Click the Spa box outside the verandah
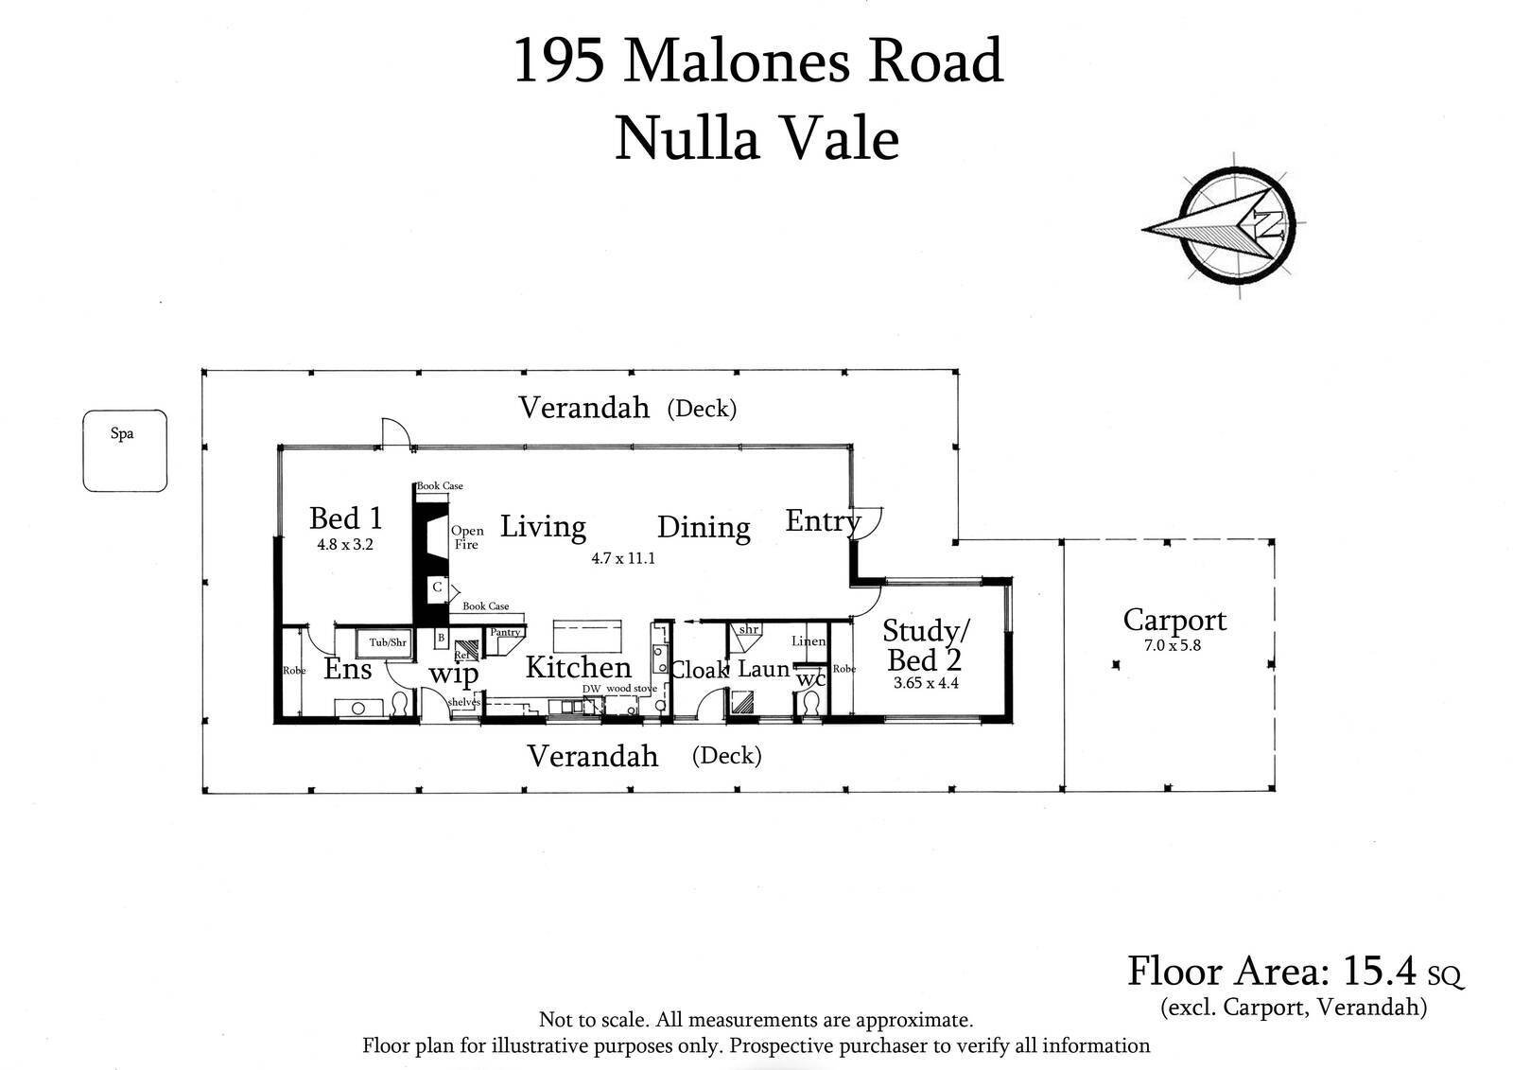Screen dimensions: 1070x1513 (124, 450)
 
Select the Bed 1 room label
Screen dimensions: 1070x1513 (346, 518)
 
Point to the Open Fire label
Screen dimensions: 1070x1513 (467, 537)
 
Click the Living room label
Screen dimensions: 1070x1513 (543, 526)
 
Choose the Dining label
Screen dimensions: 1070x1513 (704, 527)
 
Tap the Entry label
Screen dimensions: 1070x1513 (822, 520)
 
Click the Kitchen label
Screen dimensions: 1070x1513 (578, 667)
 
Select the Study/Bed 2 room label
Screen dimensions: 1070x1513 (926, 644)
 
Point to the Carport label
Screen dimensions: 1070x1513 (1174, 620)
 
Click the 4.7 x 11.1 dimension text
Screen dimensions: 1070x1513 (623, 558)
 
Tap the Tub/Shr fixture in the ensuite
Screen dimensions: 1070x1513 (388, 642)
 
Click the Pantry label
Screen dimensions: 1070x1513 (505, 632)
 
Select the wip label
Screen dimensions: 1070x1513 (454, 675)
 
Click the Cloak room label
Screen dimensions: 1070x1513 (700, 670)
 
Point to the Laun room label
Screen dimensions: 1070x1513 (763, 669)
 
